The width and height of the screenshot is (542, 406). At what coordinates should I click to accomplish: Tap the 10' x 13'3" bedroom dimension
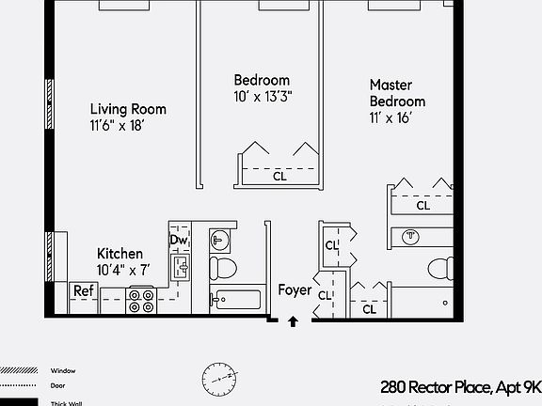(262, 97)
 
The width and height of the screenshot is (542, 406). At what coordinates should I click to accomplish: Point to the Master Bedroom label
(397, 93)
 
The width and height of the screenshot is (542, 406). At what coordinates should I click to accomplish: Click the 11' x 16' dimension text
(391, 118)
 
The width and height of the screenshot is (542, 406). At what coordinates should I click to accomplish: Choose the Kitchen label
(120, 254)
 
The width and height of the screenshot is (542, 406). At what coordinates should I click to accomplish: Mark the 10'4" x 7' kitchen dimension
(124, 270)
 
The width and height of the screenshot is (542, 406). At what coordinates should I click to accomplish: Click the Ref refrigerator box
(84, 291)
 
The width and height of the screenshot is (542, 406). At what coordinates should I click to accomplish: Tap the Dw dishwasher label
(179, 241)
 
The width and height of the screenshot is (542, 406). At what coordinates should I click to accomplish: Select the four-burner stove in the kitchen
(141, 300)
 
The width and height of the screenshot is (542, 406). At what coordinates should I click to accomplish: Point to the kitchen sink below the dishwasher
(183, 268)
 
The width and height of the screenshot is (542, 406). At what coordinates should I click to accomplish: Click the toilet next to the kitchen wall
(223, 267)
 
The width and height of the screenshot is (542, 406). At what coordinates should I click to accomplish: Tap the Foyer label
(295, 290)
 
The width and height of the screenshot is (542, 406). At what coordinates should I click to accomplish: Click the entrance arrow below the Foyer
(293, 321)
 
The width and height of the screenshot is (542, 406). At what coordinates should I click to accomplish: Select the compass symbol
(217, 378)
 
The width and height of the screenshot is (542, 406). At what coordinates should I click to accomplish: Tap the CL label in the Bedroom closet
(279, 176)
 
